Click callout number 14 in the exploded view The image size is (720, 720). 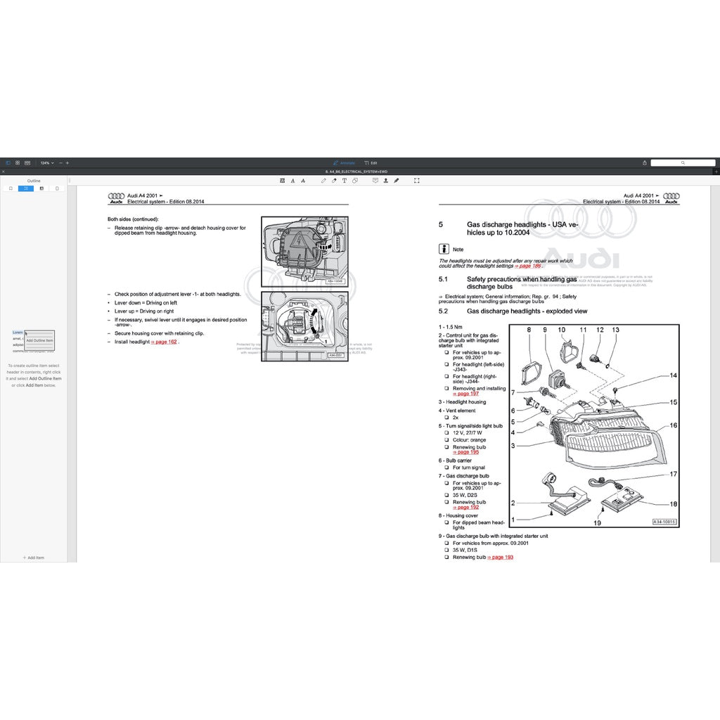tap(673, 375)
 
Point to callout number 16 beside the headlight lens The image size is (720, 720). tap(673, 425)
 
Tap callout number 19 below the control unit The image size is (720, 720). tap(598, 522)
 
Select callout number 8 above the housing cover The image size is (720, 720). tap(529, 330)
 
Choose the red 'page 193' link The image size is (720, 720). tap(500, 557)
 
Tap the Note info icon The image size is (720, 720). tap(444, 248)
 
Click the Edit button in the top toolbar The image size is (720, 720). tap(371, 162)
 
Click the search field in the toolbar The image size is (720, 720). tap(682, 162)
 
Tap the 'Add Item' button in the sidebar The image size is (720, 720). tap(34, 558)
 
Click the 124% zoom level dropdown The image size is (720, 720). tap(46, 162)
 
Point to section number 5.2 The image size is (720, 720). tap(443, 311)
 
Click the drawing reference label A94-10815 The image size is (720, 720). tap(664, 522)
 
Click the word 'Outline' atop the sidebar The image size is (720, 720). tap(34, 181)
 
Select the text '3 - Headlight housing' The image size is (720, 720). tap(462, 402)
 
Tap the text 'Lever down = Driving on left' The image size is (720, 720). tap(146, 302)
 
